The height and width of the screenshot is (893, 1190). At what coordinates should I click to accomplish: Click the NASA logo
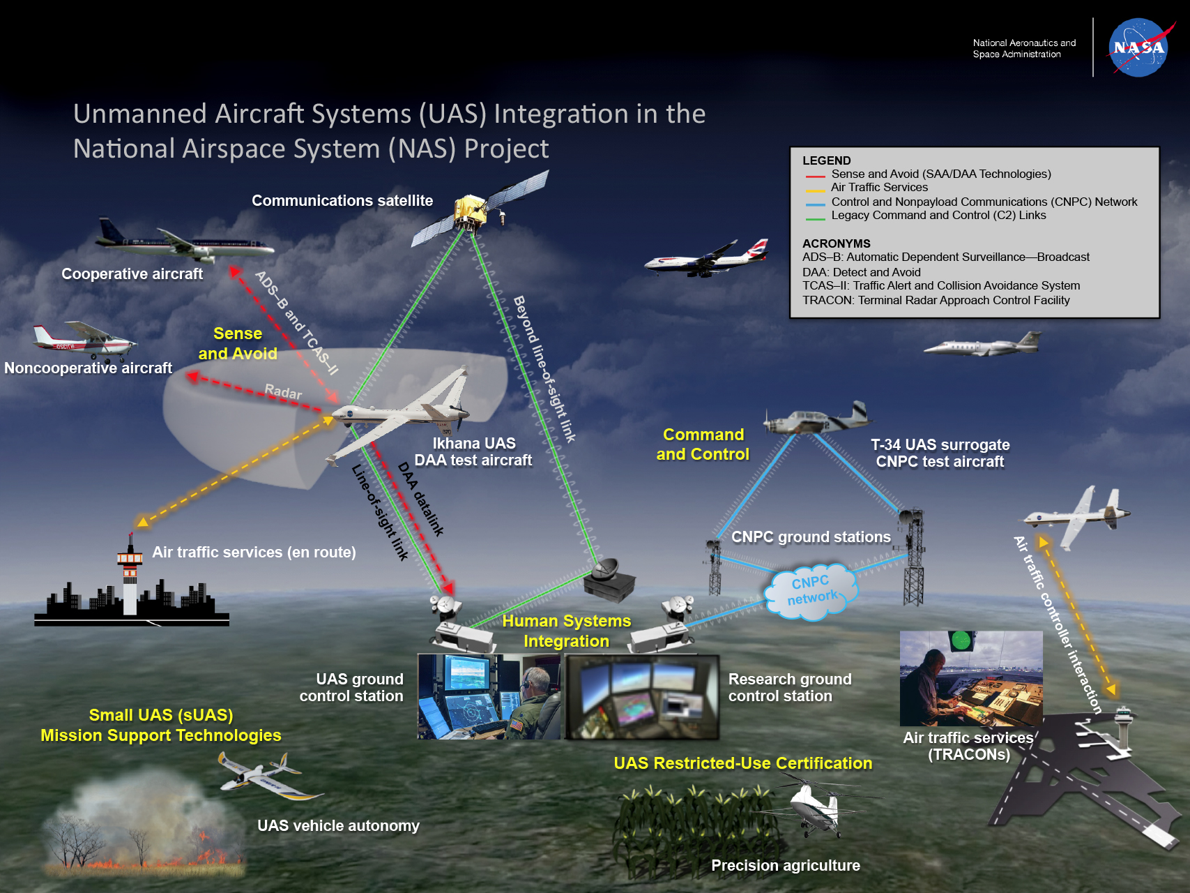(x=1138, y=47)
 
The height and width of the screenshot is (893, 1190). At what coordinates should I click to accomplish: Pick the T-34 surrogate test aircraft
(x=816, y=419)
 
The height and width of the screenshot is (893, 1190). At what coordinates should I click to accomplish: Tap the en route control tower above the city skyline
(x=130, y=572)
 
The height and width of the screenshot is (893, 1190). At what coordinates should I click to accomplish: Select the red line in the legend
(x=815, y=176)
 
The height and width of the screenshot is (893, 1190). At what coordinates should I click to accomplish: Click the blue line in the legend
(x=815, y=204)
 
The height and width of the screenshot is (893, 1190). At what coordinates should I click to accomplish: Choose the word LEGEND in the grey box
(x=826, y=160)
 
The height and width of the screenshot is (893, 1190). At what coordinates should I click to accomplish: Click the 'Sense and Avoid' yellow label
(x=238, y=343)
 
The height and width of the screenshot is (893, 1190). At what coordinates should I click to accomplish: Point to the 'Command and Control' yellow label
(x=703, y=444)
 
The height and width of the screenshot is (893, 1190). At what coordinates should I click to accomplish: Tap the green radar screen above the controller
(x=961, y=640)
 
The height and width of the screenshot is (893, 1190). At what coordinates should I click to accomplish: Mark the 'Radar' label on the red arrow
(x=283, y=392)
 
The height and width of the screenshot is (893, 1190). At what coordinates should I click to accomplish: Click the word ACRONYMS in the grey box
(x=836, y=243)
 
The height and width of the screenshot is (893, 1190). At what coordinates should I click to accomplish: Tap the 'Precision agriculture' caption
(x=785, y=865)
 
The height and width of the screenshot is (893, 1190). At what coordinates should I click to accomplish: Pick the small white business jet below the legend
(x=983, y=345)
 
